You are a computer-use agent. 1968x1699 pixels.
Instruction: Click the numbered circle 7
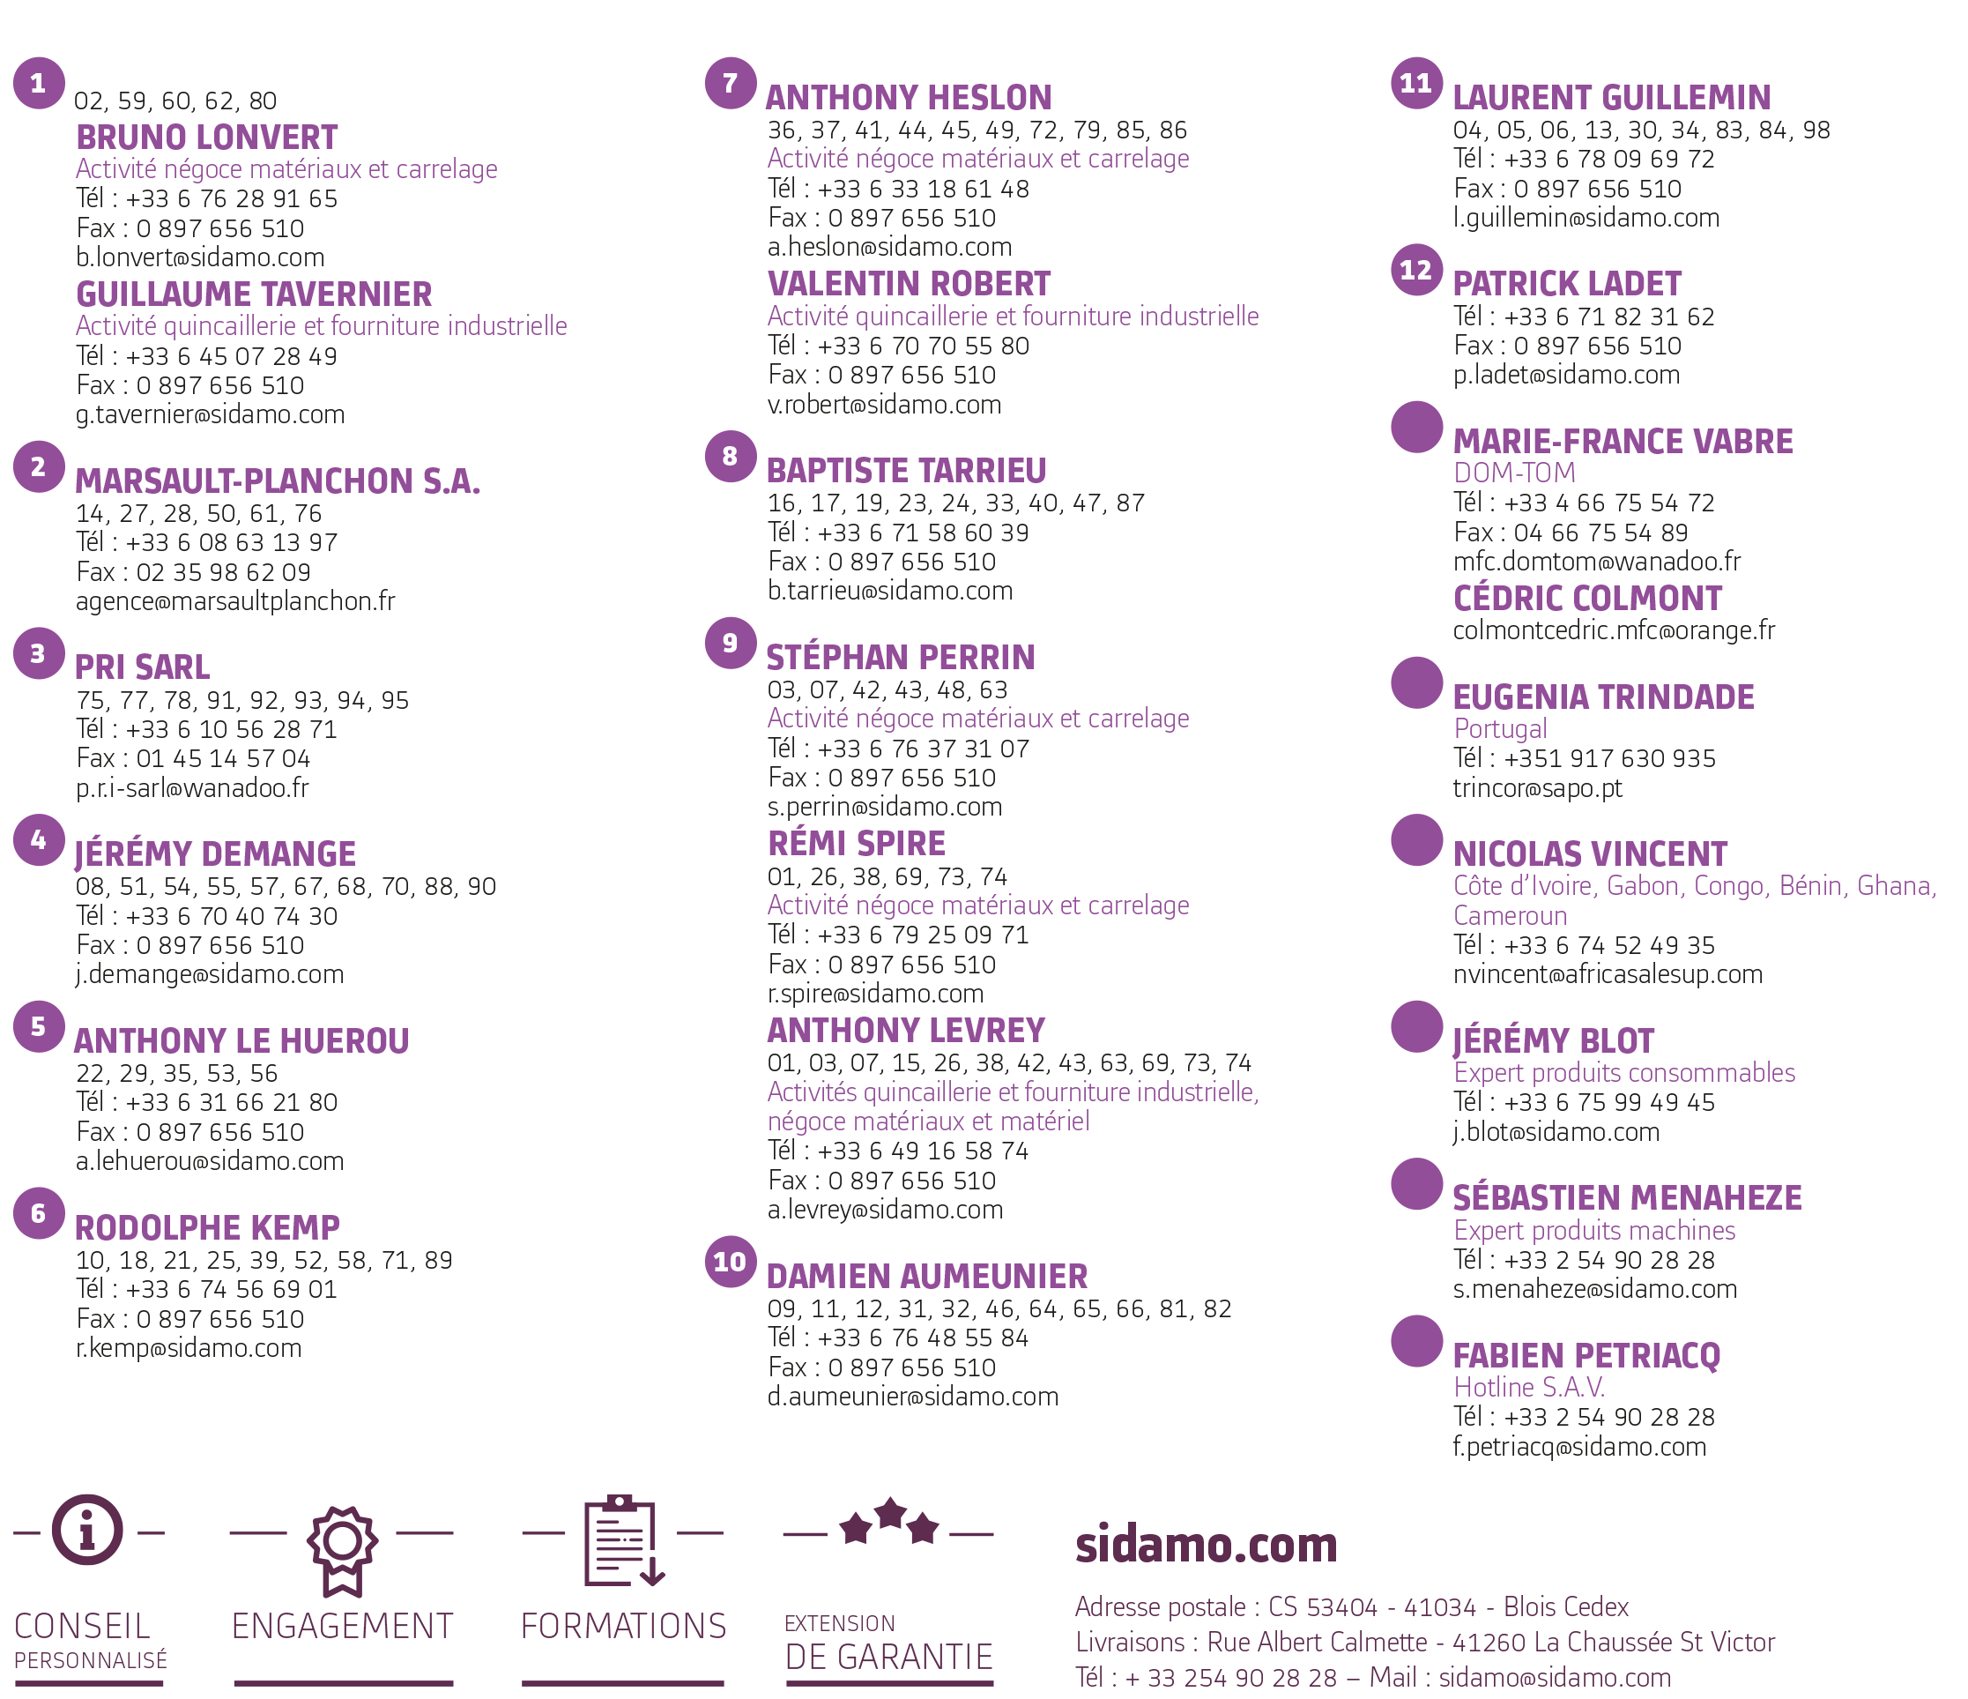[731, 84]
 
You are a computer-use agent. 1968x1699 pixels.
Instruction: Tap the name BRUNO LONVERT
[207, 138]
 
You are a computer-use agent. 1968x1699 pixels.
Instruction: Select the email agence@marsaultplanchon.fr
[235, 601]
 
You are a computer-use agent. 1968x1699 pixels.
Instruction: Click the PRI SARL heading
[143, 667]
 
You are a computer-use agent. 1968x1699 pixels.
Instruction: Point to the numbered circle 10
[731, 1262]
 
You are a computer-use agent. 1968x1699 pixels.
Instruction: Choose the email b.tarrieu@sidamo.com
[890, 591]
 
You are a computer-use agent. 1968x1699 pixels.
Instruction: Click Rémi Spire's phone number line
[899, 935]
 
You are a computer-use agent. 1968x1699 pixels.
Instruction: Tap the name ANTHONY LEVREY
[906, 1031]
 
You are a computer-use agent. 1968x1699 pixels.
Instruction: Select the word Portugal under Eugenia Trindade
[1501, 729]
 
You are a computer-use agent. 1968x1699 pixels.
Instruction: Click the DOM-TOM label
[1515, 473]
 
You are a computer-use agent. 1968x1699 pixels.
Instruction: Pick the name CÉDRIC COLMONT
[1587, 599]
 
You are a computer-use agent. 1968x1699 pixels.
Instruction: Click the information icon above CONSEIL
[87, 1530]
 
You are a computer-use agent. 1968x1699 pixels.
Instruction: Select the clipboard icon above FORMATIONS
[623, 1540]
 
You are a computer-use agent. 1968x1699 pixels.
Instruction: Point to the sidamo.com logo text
[1207, 1545]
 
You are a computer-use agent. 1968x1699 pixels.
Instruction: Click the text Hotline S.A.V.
[1529, 1388]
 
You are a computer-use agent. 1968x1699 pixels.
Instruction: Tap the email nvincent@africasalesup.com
[1608, 975]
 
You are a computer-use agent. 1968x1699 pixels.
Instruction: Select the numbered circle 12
[1417, 270]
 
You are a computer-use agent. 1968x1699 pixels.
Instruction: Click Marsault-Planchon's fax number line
[194, 572]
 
